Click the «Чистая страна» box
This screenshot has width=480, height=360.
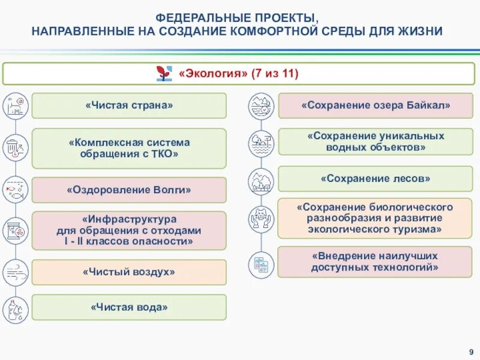pyautogui.click(x=129, y=106)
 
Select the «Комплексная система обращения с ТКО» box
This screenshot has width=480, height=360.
pyautogui.click(x=129, y=148)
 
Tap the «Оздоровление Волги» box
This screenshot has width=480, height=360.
pyautogui.click(x=129, y=190)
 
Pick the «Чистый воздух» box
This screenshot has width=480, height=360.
pyautogui.click(x=129, y=272)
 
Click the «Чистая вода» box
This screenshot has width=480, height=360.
pyautogui.click(x=129, y=307)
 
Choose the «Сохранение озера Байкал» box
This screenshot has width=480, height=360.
pyautogui.click(x=376, y=106)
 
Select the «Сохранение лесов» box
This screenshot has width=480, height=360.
pyautogui.click(x=376, y=179)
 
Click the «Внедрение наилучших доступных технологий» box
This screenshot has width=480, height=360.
pyautogui.click(x=376, y=262)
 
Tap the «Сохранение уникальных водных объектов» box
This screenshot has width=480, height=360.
pyautogui.click(x=376, y=142)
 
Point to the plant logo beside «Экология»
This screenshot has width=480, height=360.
pyautogui.click(x=164, y=74)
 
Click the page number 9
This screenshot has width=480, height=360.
pyautogui.click(x=471, y=351)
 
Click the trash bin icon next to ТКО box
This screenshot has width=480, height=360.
pyautogui.click(x=13, y=148)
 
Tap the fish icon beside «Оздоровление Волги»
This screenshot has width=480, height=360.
pyautogui.click(x=13, y=190)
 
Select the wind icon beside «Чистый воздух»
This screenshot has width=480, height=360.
pyautogui.click(x=13, y=272)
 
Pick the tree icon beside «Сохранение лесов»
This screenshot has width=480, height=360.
pyautogui.click(x=262, y=181)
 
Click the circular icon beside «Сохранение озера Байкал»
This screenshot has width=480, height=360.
pyautogui.click(x=262, y=106)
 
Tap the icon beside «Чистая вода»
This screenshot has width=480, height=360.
pyautogui.click(x=13, y=309)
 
